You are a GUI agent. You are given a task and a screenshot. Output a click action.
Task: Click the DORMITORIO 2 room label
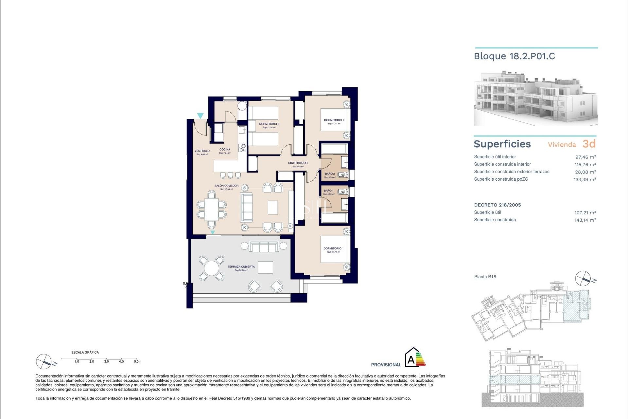pyautogui.click(x=334, y=120)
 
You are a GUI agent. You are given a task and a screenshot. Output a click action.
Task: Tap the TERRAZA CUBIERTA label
pyautogui.click(x=241, y=267)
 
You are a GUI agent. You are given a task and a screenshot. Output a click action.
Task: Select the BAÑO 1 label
pyautogui.click(x=329, y=191)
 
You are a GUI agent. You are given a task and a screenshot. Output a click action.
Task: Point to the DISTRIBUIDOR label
pyautogui.click(x=298, y=163)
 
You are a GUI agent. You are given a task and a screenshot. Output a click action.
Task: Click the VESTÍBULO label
pyautogui.click(x=202, y=151)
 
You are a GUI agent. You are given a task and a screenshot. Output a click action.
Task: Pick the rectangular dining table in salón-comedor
pyautogui.click(x=212, y=209)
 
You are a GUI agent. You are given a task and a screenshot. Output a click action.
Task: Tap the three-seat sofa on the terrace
pyautogui.click(x=264, y=246)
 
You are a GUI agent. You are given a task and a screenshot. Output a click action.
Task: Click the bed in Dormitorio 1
pyautogui.click(x=333, y=249)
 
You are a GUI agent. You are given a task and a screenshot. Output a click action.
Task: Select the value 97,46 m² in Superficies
pyautogui.click(x=585, y=157)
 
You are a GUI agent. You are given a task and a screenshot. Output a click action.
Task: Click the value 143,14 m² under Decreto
pyautogui.click(x=585, y=220)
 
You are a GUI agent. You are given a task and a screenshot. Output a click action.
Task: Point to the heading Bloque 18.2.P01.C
pyautogui.click(x=514, y=56)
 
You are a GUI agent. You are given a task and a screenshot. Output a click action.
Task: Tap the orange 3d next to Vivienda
pyautogui.click(x=589, y=144)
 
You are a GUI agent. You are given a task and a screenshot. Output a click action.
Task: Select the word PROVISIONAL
pyautogui.click(x=386, y=365)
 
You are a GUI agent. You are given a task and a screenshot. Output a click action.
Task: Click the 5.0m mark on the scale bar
pyautogui.click(x=137, y=361)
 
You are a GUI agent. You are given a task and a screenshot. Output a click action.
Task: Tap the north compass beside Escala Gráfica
pyautogui.click(x=44, y=361)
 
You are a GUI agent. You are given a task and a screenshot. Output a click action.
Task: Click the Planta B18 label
pyautogui.click(x=485, y=277)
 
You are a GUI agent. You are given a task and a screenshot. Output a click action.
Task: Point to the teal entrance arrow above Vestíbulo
pyautogui.click(x=200, y=116)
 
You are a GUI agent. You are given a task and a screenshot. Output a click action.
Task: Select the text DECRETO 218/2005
pyautogui.click(x=497, y=205)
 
